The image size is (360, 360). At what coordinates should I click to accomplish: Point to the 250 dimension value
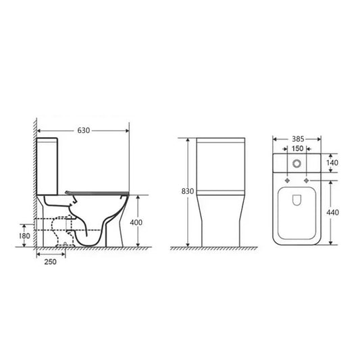[51, 261]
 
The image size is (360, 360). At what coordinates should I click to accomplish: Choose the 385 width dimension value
[297, 141]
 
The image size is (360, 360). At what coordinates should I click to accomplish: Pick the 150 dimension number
[297, 150]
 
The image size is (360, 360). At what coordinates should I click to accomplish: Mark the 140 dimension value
[331, 163]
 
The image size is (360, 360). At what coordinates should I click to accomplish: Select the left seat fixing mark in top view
[288, 181]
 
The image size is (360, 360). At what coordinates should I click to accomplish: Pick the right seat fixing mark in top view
[307, 181]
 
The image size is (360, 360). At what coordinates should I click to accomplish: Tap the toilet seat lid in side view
[97, 191]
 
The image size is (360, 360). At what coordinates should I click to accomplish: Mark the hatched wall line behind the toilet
[33, 182]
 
